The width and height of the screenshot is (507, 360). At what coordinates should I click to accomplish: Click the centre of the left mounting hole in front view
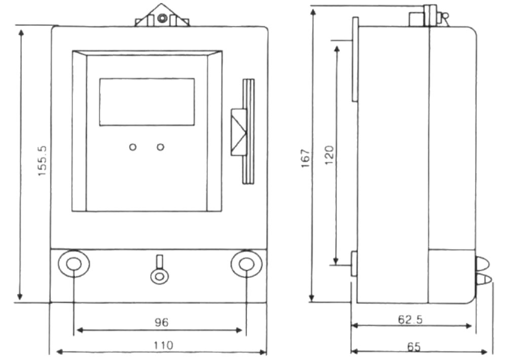pos(74,264)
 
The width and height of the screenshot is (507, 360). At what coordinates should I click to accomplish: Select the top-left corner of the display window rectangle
pos(99,78)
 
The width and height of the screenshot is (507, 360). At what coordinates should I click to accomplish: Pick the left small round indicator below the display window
pos(132,147)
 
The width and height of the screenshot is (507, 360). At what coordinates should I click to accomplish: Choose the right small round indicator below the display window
pos(160,147)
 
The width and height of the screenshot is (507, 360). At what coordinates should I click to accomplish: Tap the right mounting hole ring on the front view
pos(246,264)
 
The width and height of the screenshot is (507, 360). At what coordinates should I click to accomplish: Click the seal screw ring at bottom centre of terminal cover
pos(160,276)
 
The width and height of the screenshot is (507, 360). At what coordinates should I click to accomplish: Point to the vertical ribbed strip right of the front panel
pos(248,131)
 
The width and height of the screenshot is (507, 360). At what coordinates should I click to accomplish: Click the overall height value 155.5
pos(43,161)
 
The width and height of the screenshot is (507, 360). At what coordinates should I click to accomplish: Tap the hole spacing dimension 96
pos(161,322)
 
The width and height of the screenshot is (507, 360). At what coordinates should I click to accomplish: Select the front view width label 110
pos(163,345)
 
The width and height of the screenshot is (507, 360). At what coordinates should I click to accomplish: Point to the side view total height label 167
pos(306,158)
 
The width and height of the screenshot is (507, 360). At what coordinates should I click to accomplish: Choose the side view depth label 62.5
pos(410,319)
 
